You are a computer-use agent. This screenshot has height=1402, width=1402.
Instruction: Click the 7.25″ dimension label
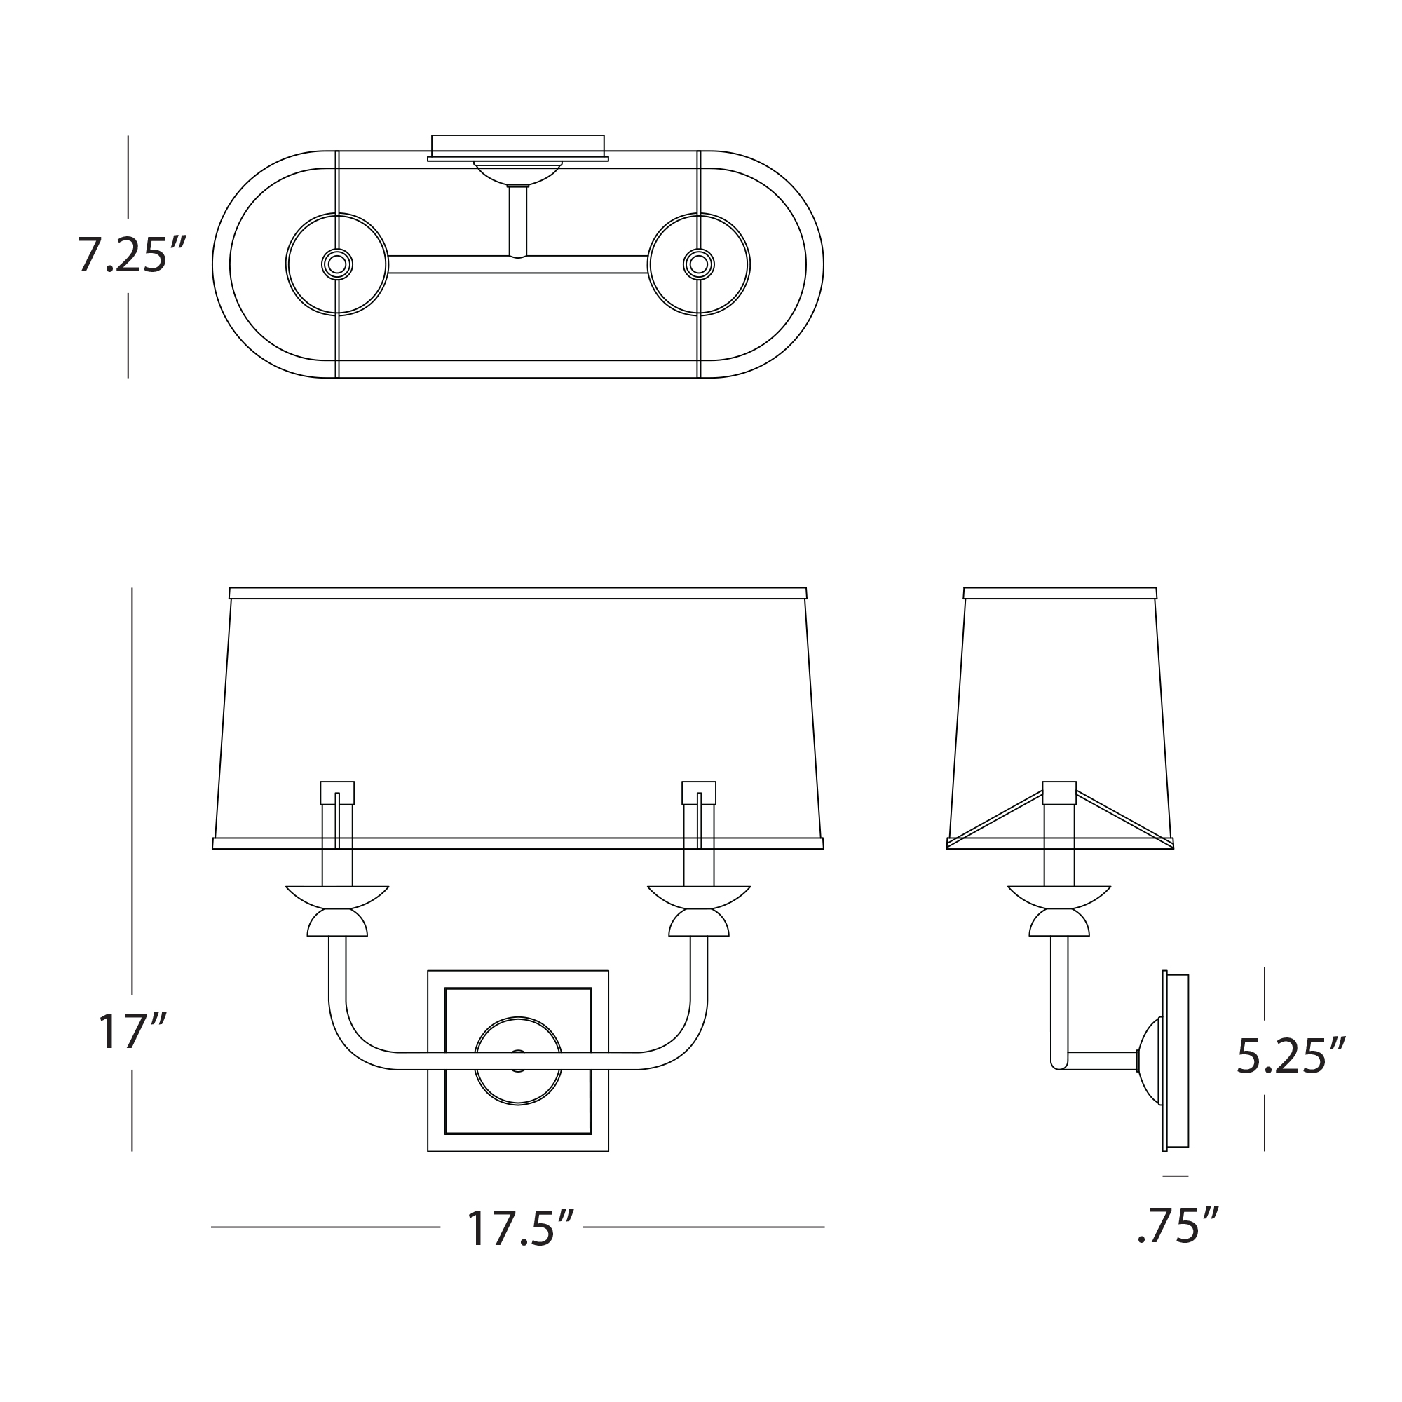(132, 254)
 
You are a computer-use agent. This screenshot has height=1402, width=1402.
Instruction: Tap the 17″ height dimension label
(132, 1031)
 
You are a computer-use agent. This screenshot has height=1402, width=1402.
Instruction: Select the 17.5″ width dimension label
(520, 1229)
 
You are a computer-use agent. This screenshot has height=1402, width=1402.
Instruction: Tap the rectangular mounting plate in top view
(518, 147)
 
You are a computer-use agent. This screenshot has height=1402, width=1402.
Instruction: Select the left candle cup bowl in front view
(337, 897)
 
